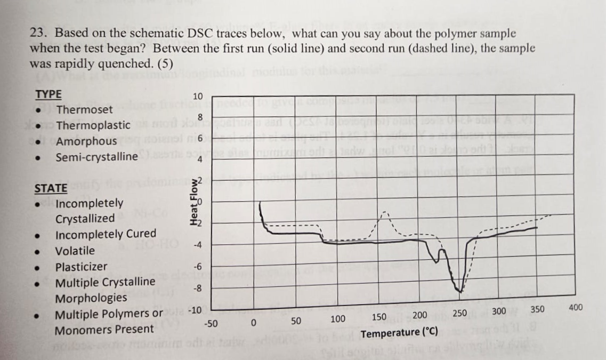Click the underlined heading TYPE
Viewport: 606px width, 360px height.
[x=49, y=94]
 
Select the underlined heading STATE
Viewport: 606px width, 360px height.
[x=51, y=188]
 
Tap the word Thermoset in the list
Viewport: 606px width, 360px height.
[x=85, y=110]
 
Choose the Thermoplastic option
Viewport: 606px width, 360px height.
[x=93, y=125]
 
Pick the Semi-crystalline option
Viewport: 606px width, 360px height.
[x=96, y=157]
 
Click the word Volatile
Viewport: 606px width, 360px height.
[x=75, y=251]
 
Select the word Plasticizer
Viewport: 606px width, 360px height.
[x=81, y=267]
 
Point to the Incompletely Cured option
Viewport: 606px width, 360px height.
[x=106, y=234]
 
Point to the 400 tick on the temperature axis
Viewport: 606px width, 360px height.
[x=576, y=308]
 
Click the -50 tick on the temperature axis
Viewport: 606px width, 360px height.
[x=211, y=323]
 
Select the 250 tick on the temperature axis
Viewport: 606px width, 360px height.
[x=459, y=313]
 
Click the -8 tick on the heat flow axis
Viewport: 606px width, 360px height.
[x=197, y=289]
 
